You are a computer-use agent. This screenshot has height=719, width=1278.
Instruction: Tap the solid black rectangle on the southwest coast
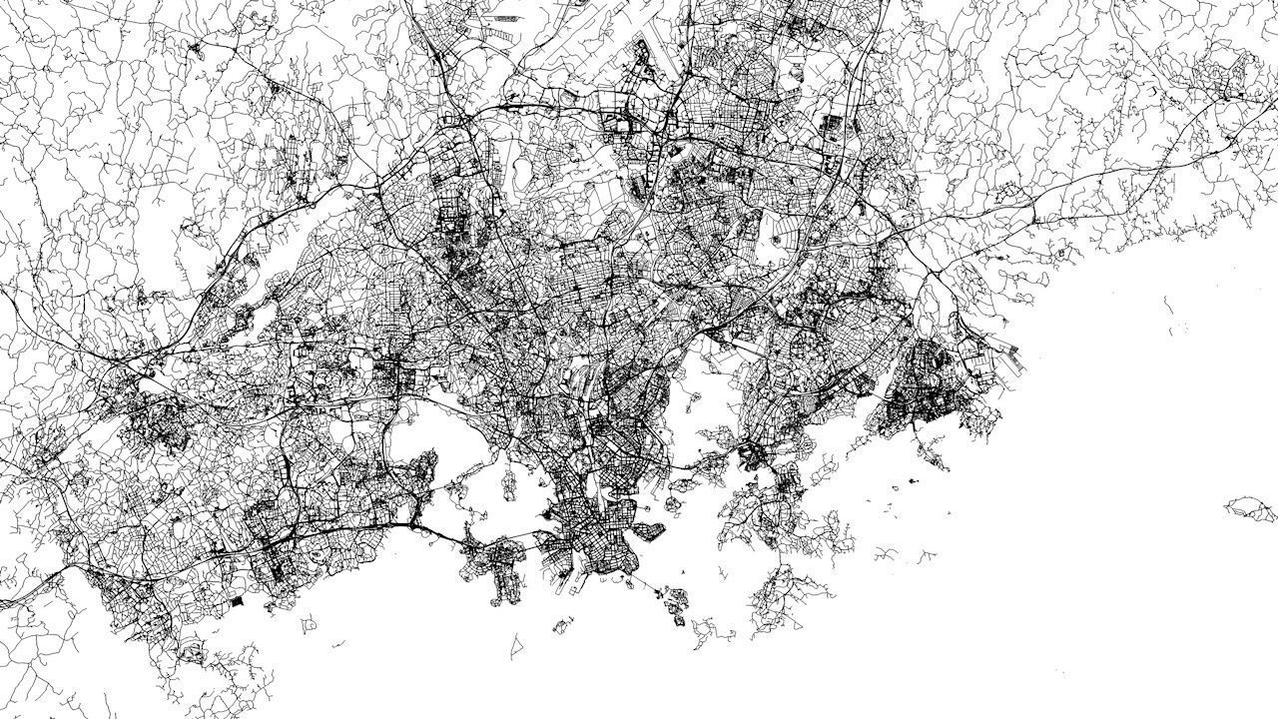point(237,601)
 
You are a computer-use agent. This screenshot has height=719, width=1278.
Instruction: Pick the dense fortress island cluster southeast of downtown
point(675,602)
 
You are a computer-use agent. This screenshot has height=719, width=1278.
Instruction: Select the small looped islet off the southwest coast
point(309,623)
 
